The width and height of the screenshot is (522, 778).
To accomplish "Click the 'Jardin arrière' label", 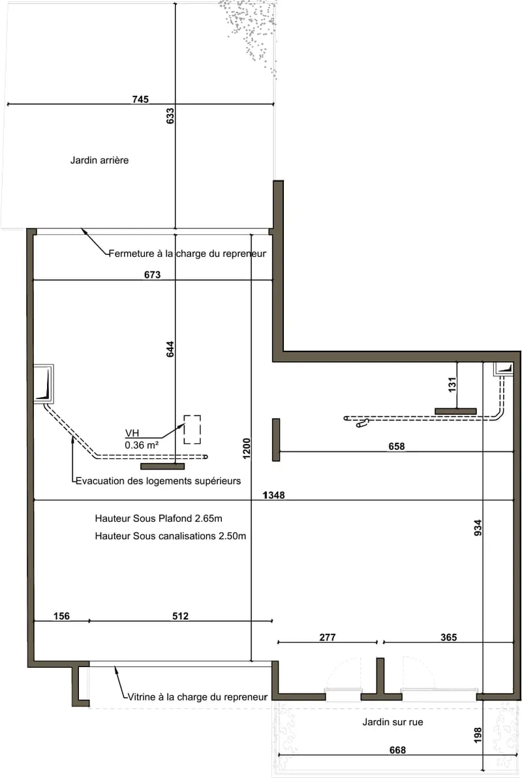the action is (99, 160).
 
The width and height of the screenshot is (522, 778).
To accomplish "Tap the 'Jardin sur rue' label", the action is (392, 722).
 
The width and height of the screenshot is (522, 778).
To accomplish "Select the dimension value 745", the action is (140, 99).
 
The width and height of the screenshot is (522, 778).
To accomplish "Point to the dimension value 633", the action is (170, 116).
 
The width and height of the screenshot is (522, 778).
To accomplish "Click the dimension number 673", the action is (153, 275).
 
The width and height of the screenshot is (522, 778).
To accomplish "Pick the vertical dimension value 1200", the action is (247, 448).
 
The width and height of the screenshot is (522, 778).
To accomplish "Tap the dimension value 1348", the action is (273, 495).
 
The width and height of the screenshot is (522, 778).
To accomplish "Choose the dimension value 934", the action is (478, 528).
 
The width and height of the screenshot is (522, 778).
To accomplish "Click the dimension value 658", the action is (396, 447).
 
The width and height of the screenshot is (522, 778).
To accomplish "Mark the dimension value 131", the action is (452, 385).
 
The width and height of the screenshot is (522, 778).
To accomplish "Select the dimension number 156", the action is (61, 616).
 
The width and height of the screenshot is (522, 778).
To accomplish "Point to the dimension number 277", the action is (328, 638).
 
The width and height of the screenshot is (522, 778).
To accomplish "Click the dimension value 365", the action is (448, 638).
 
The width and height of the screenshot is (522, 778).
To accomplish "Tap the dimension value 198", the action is (478, 735).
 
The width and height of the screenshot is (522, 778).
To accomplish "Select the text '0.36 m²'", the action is (142, 445).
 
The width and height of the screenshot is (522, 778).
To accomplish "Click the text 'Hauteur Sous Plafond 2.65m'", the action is (159, 518).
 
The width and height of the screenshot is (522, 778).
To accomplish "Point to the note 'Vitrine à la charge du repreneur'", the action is (198, 697).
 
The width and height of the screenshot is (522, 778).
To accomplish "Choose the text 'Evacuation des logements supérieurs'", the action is (158, 481).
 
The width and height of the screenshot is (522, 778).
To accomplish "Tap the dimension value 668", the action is (397, 750).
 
